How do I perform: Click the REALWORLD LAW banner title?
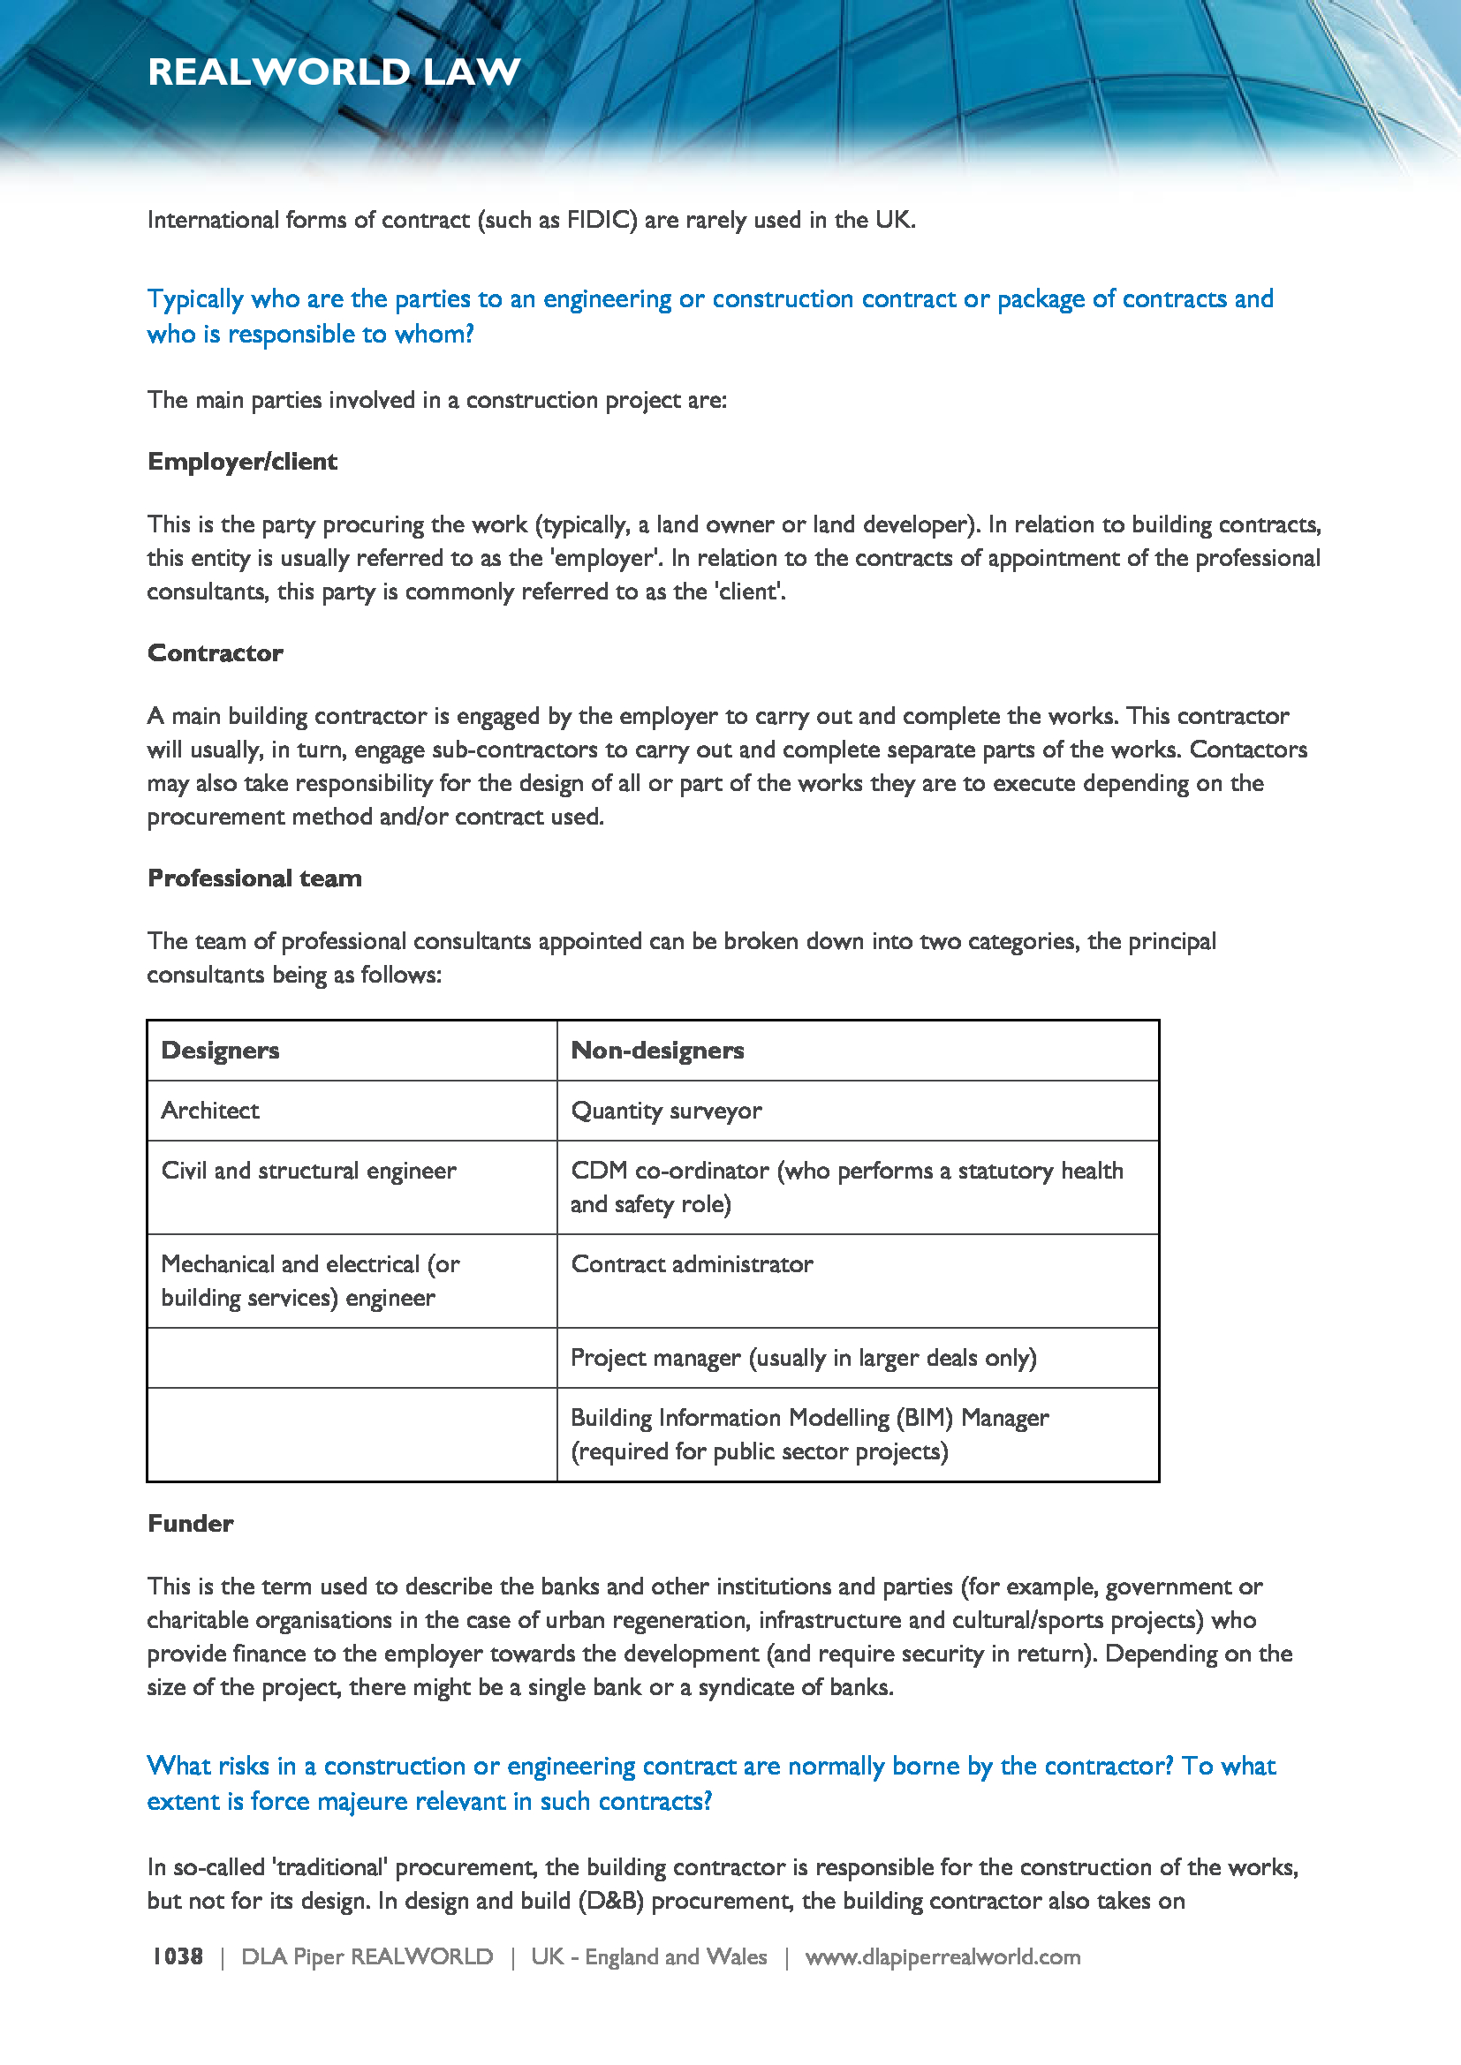pyautogui.click(x=334, y=72)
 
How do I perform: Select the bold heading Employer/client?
pyautogui.click(x=242, y=462)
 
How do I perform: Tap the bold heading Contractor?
pyautogui.click(x=215, y=653)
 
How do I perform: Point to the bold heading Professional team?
pyautogui.click(x=254, y=878)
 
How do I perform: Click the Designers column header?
pyautogui.click(x=221, y=1051)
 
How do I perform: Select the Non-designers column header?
pyautogui.click(x=658, y=1051)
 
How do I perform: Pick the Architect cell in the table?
pyautogui.click(x=210, y=1111)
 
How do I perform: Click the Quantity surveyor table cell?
pyautogui.click(x=667, y=1111)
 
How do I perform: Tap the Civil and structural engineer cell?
pyautogui.click(x=308, y=1171)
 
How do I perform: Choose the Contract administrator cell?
pyautogui.click(x=692, y=1264)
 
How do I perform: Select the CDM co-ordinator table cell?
pyautogui.click(x=846, y=1187)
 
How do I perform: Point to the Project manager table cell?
pyautogui.click(x=803, y=1358)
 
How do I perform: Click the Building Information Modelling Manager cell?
pyautogui.click(x=810, y=1435)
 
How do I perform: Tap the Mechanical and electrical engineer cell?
pyautogui.click(x=310, y=1281)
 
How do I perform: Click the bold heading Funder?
pyautogui.click(x=191, y=1524)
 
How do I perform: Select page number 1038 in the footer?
pyautogui.click(x=178, y=1957)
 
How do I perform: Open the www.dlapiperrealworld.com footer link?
pyautogui.click(x=942, y=1957)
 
